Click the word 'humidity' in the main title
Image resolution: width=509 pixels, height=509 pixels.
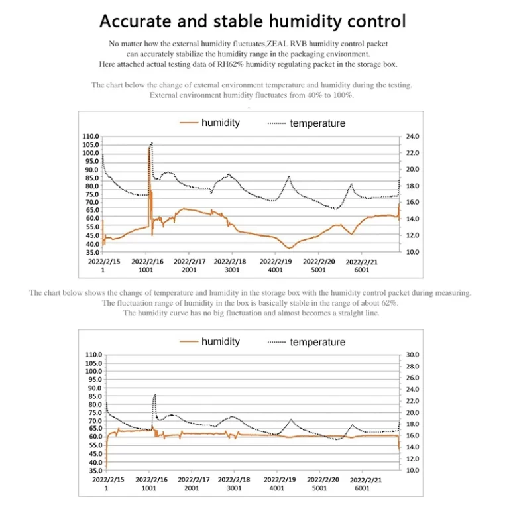click(306, 21)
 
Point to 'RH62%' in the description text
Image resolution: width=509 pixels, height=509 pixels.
click(231, 64)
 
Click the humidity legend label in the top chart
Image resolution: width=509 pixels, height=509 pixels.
click(221, 123)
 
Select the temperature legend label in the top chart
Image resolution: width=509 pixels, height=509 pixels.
click(317, 123)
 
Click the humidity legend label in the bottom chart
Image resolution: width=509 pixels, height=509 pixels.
click(221, 341)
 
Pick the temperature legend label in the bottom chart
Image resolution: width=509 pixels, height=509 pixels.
click(317, 342)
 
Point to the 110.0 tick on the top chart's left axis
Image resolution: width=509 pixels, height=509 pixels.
click(91, 137)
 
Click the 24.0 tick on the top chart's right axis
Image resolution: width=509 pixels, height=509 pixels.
click(412, 137)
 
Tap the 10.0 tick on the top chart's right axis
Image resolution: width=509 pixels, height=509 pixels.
click(412, 252)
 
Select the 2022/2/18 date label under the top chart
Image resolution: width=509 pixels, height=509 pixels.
click(230, 262)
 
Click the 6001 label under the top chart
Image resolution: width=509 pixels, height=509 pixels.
click(362, 270)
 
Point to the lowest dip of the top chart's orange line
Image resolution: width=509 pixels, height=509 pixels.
click(289, 248)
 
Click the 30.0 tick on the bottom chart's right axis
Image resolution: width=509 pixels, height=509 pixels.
click(412, 355)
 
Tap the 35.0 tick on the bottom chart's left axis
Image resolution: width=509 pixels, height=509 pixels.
click(95, 471)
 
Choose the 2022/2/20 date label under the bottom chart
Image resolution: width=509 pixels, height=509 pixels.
click(323, 480)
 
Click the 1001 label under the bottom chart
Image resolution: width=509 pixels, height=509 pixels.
click(148, 488)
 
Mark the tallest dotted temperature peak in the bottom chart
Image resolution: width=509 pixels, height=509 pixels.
click(154, 395)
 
